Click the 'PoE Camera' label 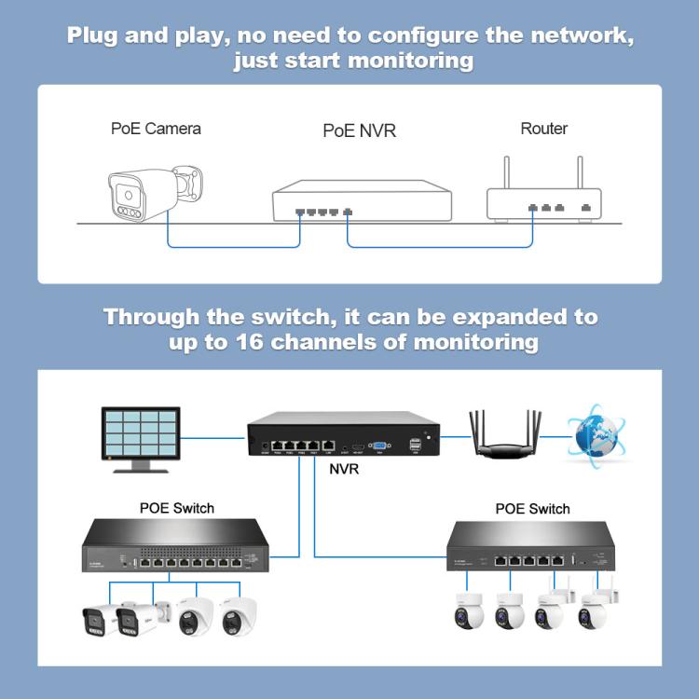tap(156, 128)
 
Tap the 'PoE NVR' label tap(359, 130)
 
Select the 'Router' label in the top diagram tap(543, 128)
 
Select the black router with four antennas tap(505, 438)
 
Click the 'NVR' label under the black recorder tap(344, 469)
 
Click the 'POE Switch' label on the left tap(176, 508)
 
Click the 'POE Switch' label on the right tap(532, 509)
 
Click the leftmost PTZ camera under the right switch tap(466, 611)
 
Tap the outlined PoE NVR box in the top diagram tap(362, 200)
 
